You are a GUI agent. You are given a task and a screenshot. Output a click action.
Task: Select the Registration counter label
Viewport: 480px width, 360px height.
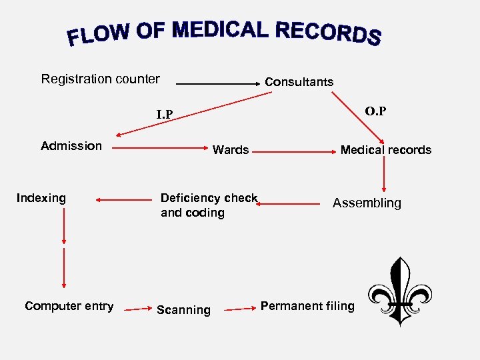point(101,79)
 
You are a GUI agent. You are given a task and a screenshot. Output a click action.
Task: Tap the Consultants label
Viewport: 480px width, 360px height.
point(299,82)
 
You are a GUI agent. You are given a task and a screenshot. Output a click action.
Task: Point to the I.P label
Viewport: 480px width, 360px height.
point(165,115)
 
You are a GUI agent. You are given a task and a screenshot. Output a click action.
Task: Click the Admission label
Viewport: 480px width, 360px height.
point(71,146)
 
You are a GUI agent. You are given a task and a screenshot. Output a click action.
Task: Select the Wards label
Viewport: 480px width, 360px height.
point(231,150)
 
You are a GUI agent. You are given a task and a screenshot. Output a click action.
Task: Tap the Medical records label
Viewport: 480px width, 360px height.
point(386,150)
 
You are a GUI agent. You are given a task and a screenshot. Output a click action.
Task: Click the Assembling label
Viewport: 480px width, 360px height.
point(367,203)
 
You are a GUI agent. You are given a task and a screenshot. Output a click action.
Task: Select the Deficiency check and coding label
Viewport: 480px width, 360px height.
point(209,205)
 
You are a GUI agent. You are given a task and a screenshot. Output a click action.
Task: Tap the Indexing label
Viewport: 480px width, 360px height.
point(41,198)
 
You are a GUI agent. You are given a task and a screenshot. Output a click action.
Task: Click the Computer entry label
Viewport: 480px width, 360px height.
point(69,306)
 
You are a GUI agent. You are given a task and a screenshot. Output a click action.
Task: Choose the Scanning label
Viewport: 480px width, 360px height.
point(183,310)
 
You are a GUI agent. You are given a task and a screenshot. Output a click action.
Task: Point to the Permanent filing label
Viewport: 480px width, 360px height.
point(307,306)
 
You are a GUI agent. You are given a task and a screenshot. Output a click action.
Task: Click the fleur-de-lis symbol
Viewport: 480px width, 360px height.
point(399,292)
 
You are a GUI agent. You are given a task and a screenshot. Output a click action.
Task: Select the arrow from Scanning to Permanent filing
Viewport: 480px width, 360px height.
point(239,309)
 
